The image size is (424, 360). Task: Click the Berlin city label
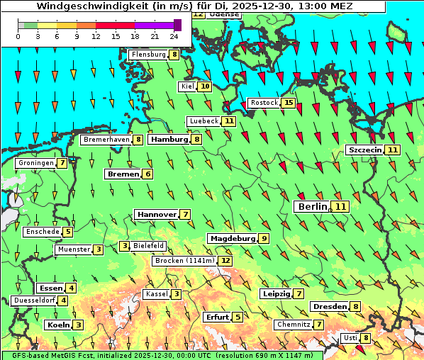click(312, 206)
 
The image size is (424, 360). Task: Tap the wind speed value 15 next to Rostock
click(288, 103)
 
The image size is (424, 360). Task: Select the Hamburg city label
click(169, 140)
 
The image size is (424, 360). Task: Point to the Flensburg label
click(147, 55)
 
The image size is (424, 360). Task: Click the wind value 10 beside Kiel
click(205, 86)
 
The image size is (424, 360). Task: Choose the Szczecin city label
click(364, 150)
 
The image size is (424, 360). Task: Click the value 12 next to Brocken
click(225, 261)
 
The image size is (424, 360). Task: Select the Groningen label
click(36, 163)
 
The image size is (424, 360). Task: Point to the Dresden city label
click(330, 307)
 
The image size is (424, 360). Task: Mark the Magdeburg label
click(232, 238)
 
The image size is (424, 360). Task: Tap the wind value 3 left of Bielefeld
click(125, 246)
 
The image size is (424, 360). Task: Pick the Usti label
click(350, 338)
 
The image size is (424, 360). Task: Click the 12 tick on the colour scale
click(95, 36)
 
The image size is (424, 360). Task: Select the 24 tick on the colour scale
click(173, 36)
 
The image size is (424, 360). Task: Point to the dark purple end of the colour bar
click(177, 25)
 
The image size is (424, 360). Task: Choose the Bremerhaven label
click(106, 140)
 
